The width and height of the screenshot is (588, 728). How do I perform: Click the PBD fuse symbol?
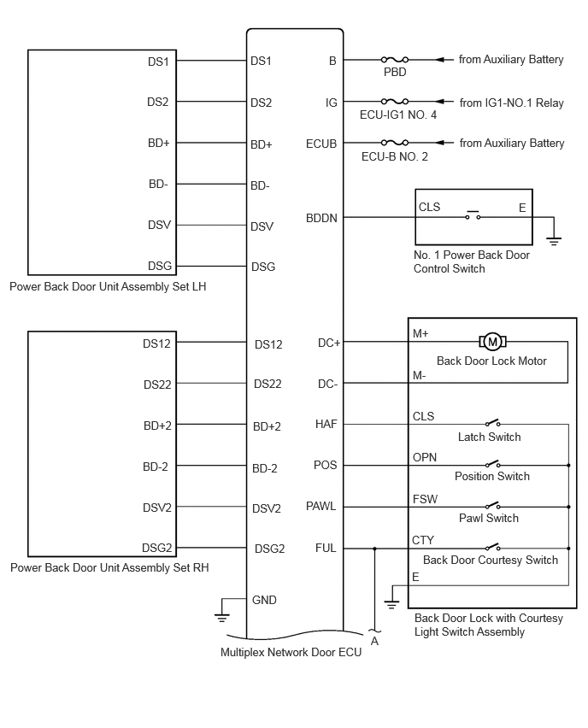(x=394, y=60)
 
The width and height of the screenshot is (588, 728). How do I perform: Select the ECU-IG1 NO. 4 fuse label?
(x=398, y=114)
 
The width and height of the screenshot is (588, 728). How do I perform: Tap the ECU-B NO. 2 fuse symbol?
(x=394, y=143)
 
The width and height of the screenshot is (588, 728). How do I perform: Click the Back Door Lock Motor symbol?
(x=492, y=342)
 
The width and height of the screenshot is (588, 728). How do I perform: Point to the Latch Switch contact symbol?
(x=493, y=422)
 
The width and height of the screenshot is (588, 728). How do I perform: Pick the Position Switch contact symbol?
(x=493, y=463)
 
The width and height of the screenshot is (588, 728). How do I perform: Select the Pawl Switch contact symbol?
(x=493, y=505)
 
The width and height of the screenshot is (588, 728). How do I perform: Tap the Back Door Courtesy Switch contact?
(x=493, y=547)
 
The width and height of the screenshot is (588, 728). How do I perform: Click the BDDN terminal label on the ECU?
(x=321, y=218)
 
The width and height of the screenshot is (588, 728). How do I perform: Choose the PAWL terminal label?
(x=320, y=506)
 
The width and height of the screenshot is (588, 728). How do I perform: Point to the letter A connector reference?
(x=374, y=641)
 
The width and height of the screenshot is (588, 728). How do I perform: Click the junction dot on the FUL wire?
(x=375, y=549)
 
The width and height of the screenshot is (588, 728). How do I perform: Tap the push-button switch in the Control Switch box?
(x=473, y=215)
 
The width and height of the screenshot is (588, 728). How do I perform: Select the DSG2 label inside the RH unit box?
(x=157, y=548)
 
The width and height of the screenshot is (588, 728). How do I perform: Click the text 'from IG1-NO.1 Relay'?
(x=511, y=103)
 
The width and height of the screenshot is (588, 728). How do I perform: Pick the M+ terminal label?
(x=420, y=333)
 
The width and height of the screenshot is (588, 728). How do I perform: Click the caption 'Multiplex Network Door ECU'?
(x=291, y=652)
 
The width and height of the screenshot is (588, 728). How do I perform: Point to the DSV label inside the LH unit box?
(x=159, y=225)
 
